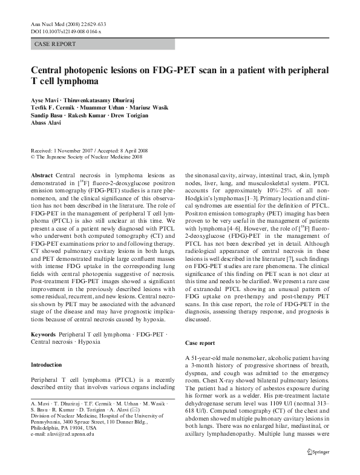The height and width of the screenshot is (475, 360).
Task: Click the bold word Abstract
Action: (x=42, y=174)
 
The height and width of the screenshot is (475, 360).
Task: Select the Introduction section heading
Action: (x=47, y=365)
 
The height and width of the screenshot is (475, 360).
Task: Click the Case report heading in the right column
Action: (x=201, y=343)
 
